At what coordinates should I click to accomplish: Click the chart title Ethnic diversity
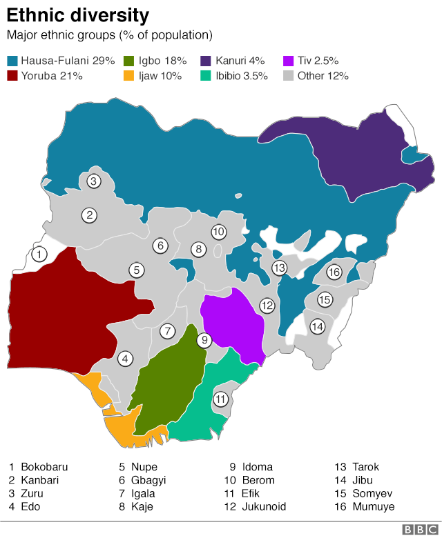78,14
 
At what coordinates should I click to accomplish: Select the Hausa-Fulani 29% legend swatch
12,61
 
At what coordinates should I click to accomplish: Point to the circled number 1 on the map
39,254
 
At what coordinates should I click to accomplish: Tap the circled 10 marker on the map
218,232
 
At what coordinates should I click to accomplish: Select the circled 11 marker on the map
220,399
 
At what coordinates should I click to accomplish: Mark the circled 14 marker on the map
317,326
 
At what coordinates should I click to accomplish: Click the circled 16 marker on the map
334,272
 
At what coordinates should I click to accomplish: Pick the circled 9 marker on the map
204,339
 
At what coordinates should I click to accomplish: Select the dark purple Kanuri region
345,152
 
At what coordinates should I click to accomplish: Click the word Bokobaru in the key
44,467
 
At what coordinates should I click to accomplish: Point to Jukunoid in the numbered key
264,506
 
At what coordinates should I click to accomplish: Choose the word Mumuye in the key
373,506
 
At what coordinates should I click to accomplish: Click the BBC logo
418,529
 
